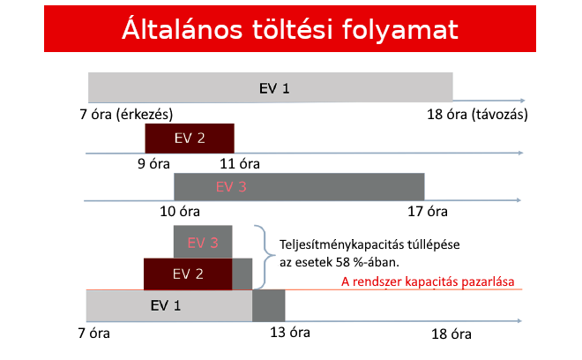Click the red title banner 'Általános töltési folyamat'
point(290,28)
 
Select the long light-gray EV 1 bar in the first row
point(270,87)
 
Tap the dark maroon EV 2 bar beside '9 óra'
point(190,139)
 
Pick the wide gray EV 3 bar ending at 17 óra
point(299,187)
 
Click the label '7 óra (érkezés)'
point(126,114)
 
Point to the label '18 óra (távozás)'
point(477,114)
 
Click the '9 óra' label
point(153,164)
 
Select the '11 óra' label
point(240,164)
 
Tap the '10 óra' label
point(180,212)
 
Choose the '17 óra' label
point(428,212)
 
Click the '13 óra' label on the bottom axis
point(290,332)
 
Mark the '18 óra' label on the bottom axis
point(451,334)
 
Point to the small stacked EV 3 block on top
point(203,242)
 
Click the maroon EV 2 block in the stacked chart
point(188,274)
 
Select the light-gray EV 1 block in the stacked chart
point(169,305)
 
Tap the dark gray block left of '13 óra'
point(269,305)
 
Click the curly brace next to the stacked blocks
point(265,257)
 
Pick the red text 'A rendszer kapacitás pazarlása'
point(428,281)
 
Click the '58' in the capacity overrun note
point(343,262)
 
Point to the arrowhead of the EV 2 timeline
point(521,153)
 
